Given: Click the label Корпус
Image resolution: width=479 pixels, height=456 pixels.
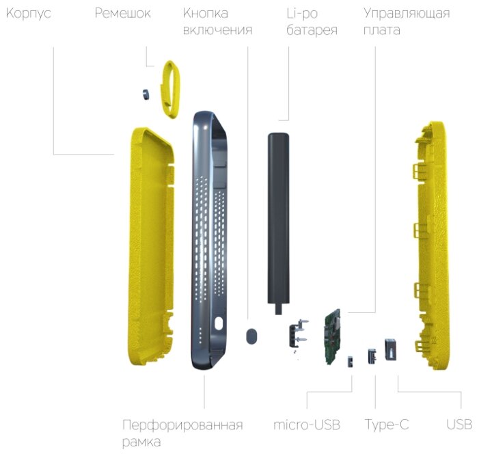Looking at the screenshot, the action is pyautogui.click(x=29, y=13).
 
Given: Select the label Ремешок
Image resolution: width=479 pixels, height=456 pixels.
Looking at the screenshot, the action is pyautogui.click(x=123, y=13).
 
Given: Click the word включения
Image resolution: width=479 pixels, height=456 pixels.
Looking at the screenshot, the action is pyautogui.click(x=217, y=30).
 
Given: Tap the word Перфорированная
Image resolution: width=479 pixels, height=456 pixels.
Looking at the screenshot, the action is pyautogui.click(x=182, y=425).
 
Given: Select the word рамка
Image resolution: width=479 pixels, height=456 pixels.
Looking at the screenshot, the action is pyautogui.click(x=141, y=442).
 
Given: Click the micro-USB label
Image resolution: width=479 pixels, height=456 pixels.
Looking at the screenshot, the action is pyautogui.click(x=306, y=425).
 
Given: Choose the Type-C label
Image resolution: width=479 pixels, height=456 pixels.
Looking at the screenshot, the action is pyautogui.click(x=387, y=425).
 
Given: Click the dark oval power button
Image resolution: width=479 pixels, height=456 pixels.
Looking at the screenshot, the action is pyautogui.click(x=252, y=336).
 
